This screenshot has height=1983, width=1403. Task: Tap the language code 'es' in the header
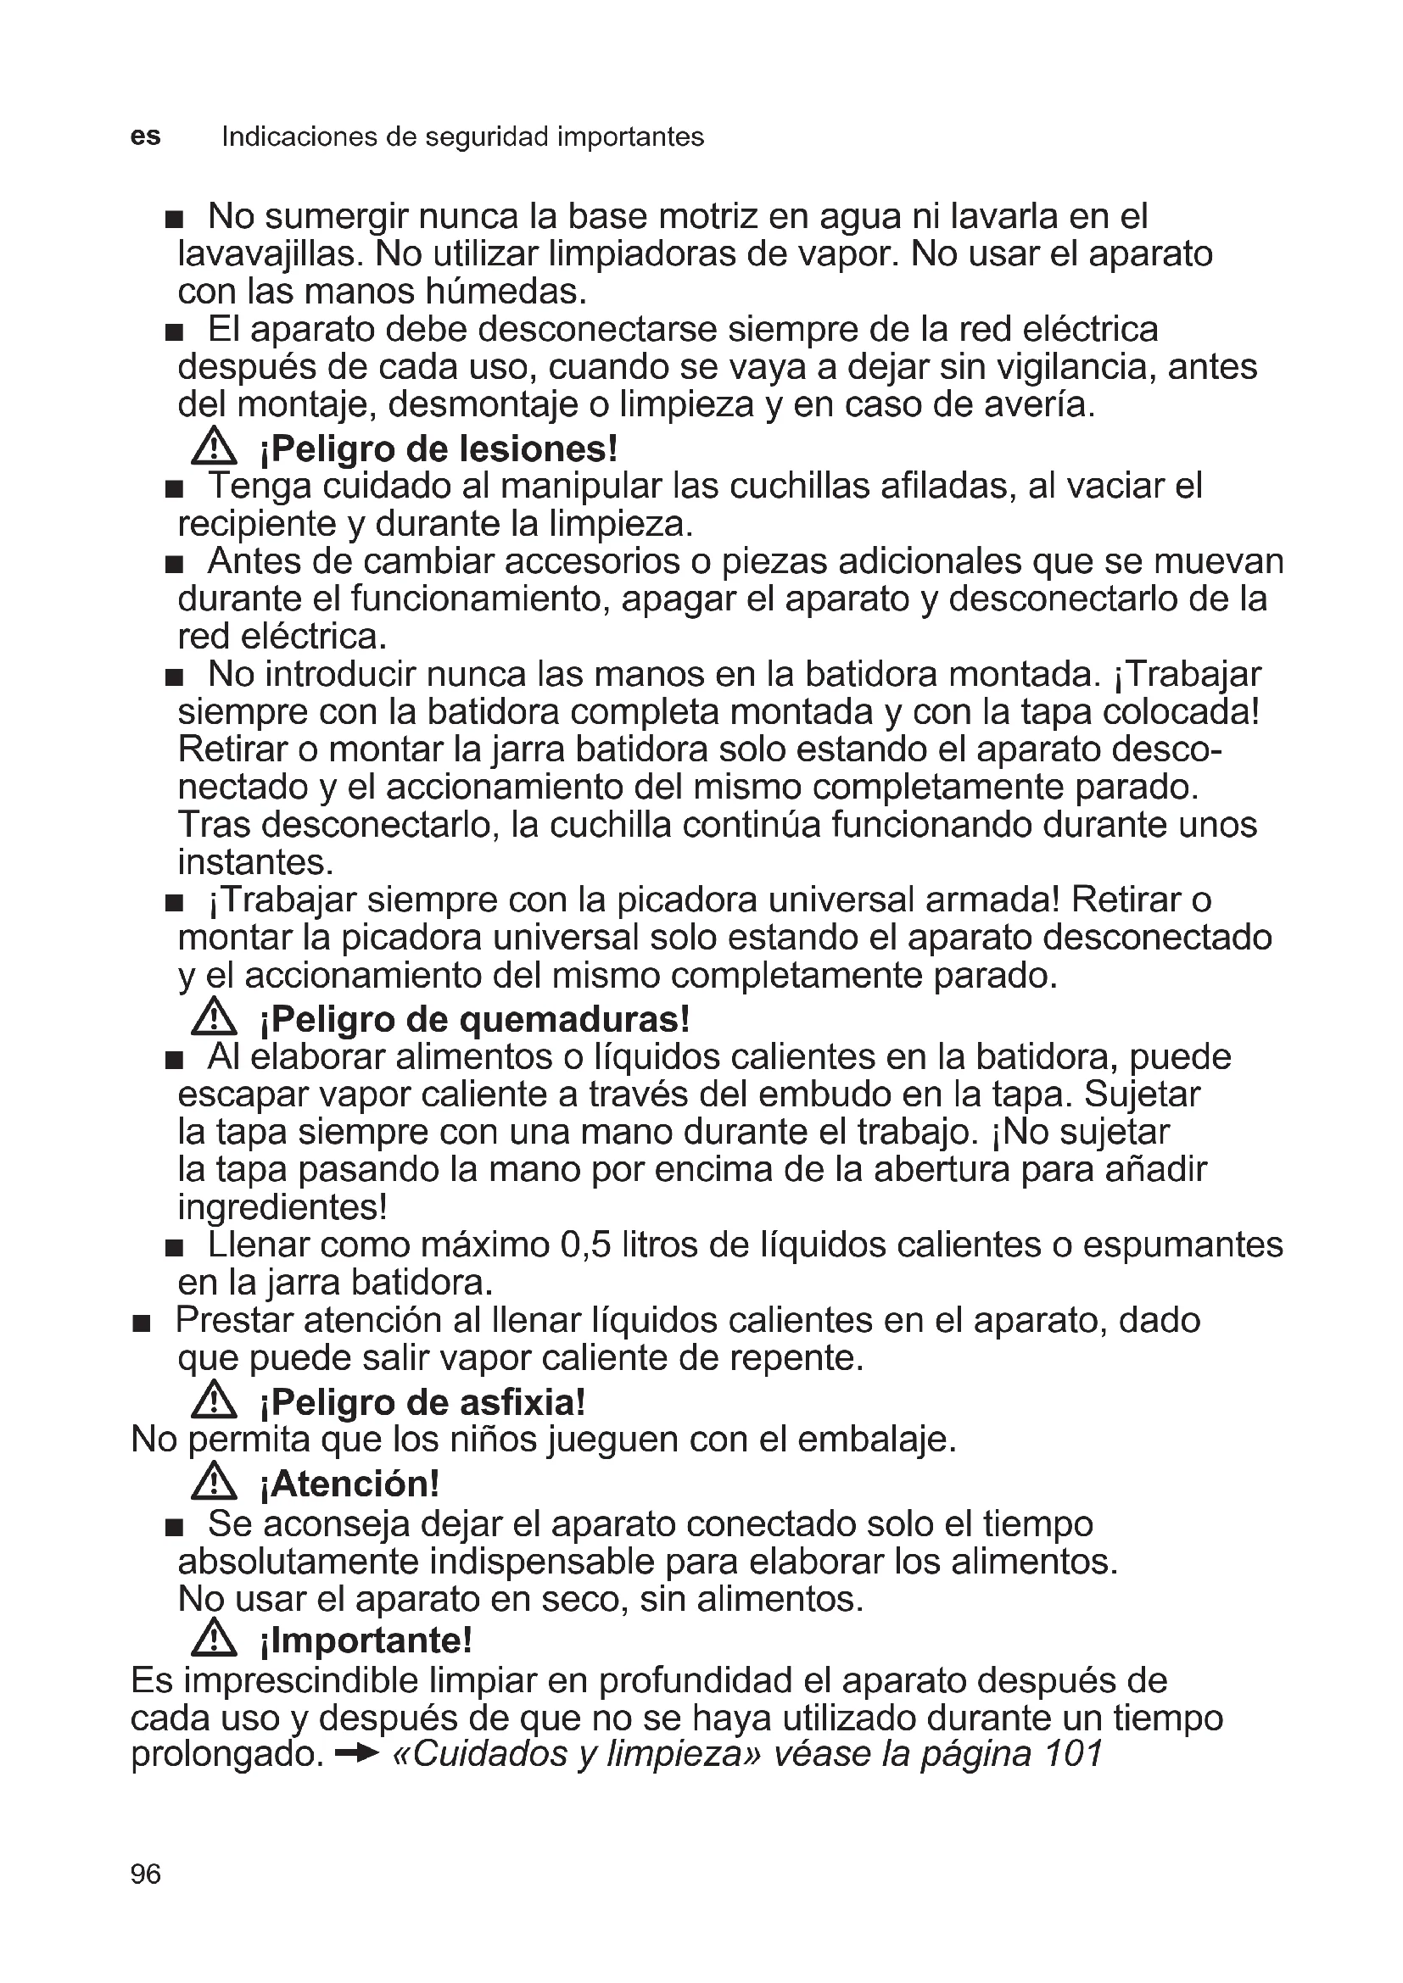(145, 136)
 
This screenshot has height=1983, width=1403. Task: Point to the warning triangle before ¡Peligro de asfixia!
(214, 1401)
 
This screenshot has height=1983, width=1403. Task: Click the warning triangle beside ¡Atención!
(214, 1483)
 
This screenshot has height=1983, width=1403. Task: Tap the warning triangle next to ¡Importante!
(214, 1639)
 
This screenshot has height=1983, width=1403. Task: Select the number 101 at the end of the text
(1073, 1754)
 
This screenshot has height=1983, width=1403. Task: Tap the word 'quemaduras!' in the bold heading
(574, 1019)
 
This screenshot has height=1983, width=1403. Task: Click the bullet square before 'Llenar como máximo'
(175, 1248)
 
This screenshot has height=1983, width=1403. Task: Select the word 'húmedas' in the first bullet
(505, 292)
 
